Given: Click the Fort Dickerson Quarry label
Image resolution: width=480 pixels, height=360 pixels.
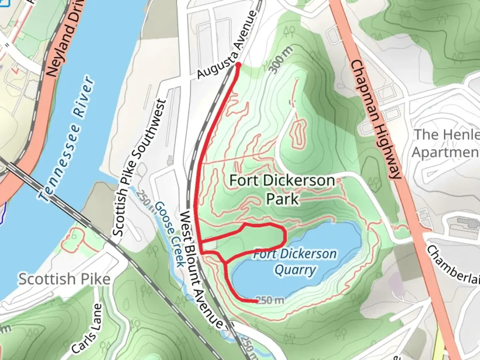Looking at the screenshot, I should (295, 262).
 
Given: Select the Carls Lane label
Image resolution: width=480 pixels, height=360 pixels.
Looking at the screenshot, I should (86, 328).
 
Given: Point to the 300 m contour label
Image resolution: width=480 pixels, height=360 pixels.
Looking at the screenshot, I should (281, 60).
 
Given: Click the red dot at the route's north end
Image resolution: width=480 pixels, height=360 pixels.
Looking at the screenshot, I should (238, 64).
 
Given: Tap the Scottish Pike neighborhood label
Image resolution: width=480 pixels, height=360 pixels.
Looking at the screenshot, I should (64, 279).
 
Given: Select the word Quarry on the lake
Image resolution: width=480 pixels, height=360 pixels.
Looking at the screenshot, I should (295, 270).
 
